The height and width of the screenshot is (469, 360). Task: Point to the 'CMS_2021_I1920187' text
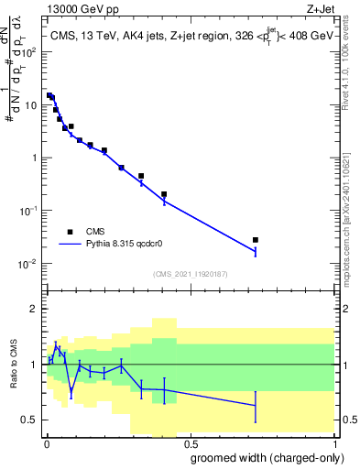click(x=191, y=273)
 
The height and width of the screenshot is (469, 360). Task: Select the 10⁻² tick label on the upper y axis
click(x=30, y=264)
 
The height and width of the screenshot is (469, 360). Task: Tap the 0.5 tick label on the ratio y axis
click(x=30, y=420)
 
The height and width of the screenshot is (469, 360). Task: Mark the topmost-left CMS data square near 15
click(x=49, y=95)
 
